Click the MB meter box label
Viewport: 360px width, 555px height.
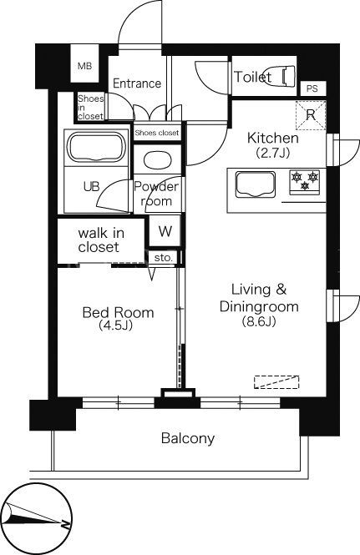point(84,66)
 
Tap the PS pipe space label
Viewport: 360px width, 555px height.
point(312,88)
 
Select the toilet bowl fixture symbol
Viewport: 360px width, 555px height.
point(288,76)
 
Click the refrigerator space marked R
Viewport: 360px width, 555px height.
point(311,115)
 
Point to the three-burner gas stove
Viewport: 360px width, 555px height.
point(305,182)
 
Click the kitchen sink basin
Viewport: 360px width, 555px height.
point(256,184)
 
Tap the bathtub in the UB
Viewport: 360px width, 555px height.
point(96,147)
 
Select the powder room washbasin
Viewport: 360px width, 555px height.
point(158,160)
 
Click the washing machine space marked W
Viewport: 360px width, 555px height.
point(165,231)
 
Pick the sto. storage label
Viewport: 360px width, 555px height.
point(164,258)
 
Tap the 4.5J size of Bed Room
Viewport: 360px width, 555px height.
point(116,325)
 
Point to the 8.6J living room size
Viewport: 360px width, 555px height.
point(259,321)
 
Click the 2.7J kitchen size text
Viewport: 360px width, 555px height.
point(273,152)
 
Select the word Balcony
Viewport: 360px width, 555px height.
point(188,438)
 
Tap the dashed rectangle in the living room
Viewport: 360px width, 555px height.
point(276,382)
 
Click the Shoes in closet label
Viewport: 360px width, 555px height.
point(91,107)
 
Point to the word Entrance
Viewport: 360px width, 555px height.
point(137,83)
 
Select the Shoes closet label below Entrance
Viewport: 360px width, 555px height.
point(157,133)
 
